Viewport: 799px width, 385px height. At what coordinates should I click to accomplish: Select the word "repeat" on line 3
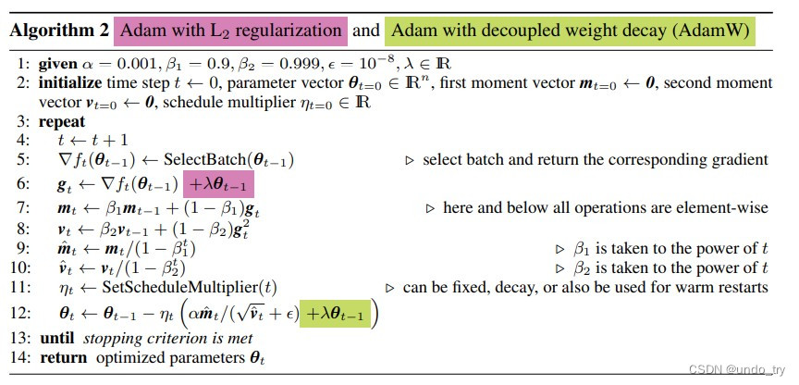point(63,121)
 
